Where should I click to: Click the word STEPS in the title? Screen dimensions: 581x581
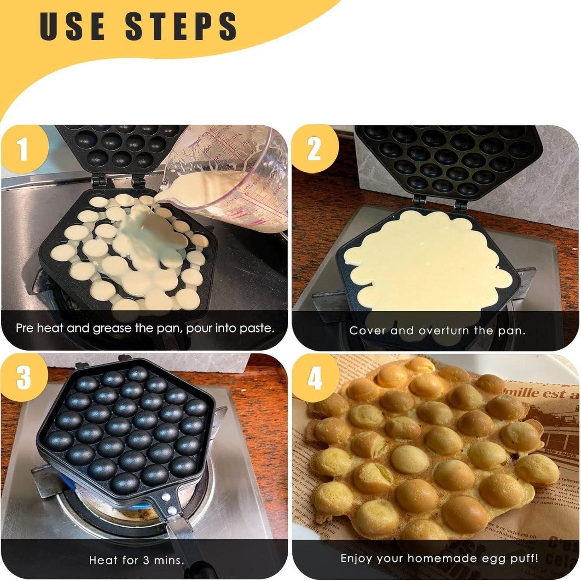[181, 26]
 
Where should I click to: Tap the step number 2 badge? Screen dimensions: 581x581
[314, 149]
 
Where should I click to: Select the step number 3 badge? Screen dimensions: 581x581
[23, 377]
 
